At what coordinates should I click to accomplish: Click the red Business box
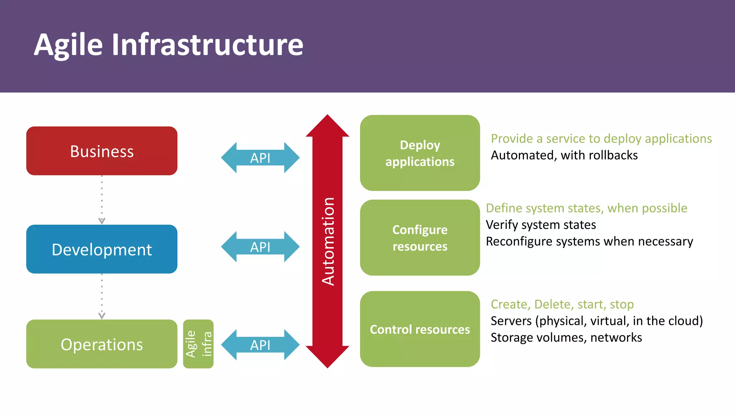(102, 151)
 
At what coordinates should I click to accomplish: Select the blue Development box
(102, 249)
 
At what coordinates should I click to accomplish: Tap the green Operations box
(102, 344)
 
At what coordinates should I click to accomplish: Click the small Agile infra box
(198, 344)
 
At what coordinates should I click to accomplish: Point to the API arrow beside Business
(260, 158)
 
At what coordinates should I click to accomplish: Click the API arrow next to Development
(260, 247)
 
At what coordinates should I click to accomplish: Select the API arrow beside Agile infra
(260, 345)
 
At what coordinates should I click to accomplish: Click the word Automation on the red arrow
(328, 241)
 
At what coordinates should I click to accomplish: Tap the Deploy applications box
(420, 153)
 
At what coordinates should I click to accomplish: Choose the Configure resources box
(420, 238)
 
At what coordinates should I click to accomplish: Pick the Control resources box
(420, 329)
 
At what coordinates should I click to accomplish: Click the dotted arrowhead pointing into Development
(102, 221)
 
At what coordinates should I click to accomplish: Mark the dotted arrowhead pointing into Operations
(102, 315)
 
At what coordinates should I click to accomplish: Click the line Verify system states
(541, 225)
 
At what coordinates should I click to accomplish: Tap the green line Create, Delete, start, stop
(562, 304)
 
